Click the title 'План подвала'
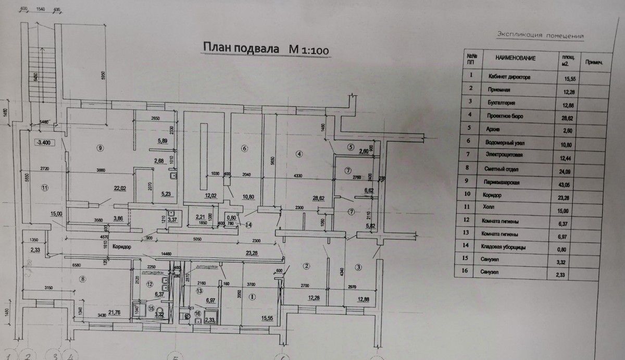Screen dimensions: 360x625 [x=241, y=49]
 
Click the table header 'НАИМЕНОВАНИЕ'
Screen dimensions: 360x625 [x=515, y=58]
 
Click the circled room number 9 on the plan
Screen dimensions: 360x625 [x=100, y=148]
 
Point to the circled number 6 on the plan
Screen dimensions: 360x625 [x=243, y=148]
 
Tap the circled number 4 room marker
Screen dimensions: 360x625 [x=298, y=153]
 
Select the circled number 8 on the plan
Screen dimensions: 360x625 [x=81, y=279]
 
